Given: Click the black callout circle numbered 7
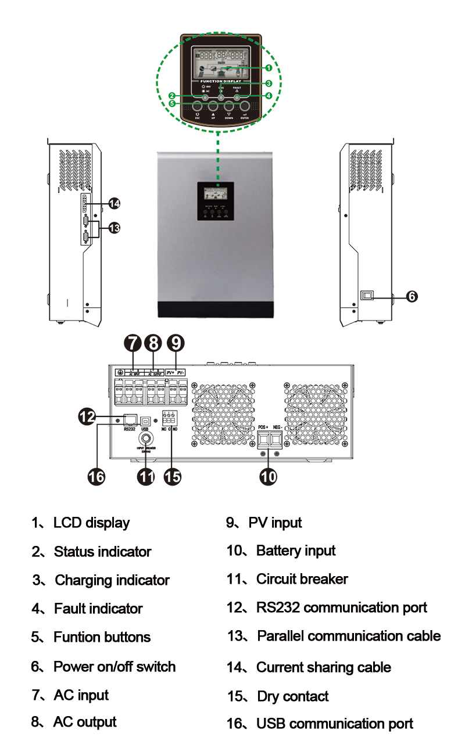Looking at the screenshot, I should coord(132,343).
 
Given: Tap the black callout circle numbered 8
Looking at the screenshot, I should coord(153,343).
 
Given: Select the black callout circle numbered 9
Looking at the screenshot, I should coord(176,343).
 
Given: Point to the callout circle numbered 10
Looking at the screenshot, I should coord(269,476).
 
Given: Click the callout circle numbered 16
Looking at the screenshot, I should coord(96,477).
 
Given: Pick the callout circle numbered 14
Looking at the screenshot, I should coord(115,203).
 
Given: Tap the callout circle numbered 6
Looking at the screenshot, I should coord(411,296).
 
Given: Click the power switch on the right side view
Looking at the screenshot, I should coord(368,296).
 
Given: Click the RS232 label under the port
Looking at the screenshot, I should coord(129,430).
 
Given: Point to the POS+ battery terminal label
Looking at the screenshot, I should coord(263,427).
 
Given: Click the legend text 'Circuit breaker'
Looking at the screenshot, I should coord(302,579).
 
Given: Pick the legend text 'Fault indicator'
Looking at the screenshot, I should coord(98,609).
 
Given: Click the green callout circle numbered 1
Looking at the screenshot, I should coord(269,68).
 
